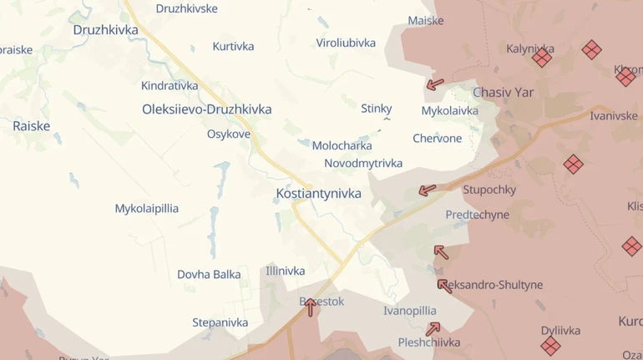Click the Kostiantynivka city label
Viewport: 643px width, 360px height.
tap(318, 194)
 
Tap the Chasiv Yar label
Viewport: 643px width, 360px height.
tap(503, 93)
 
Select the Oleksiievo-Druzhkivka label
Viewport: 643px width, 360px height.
tap(206, 109)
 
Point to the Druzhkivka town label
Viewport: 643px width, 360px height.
tap(105, 30)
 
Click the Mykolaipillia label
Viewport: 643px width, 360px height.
tap(147, 209)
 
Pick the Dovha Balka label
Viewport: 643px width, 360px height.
tap(209, 274)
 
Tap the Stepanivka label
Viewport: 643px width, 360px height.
tap(220, 322)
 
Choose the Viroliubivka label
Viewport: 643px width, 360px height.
tap(346, 43)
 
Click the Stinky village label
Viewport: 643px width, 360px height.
tap(376, 109)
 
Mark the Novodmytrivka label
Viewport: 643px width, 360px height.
tap(363, 164)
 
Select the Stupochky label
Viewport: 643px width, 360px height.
tap(489, 190)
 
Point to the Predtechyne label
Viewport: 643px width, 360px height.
tap(477, 215)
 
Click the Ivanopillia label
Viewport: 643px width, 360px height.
tap(409, 311)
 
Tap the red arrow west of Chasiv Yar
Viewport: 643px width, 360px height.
tap(435, 84)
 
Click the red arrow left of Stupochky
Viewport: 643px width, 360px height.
tap(427, 190)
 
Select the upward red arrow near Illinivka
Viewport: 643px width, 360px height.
tap(310, 307)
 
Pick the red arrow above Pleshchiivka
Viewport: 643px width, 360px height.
tap(432, 329)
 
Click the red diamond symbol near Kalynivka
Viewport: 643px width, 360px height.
tap(542, 58)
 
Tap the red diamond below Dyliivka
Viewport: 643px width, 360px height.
tap(550, 345)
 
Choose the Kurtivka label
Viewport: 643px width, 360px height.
tap(233, 47)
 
